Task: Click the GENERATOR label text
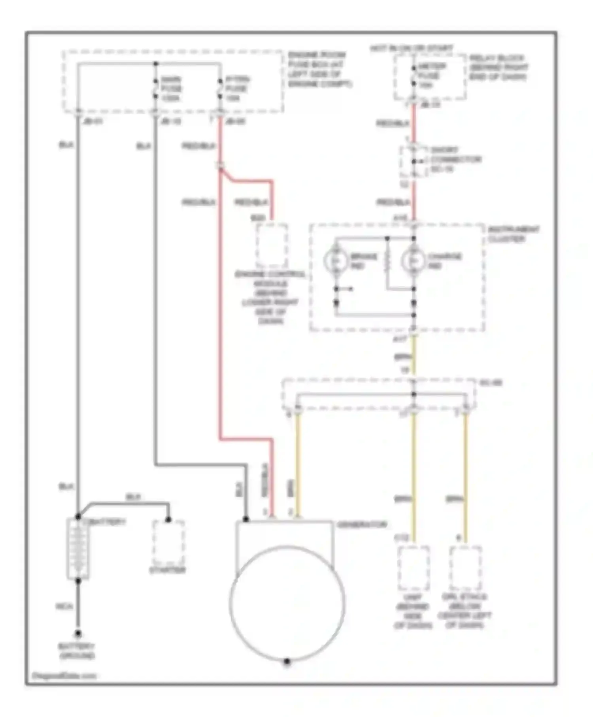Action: pyautogui.click(x=362, y=525)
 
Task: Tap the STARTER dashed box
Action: pyautogui.click(x=168, y=543)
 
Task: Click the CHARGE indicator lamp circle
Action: pyautogui.click(x=413, y=260)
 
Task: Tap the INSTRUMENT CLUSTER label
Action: pyautogui.click(x=513, y=234)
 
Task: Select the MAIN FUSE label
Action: pyautogui.click(x=171, y=89)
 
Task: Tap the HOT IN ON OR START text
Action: pyautogui.click(x=411, y=48)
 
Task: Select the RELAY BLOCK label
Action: pyautogui.click(x=498, y=67)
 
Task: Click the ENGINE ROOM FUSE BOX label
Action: pyautogui.click(x=319, y=69)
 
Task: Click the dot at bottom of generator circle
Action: pyautogui.click(x=287, y=661)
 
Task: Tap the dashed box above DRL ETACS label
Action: pyautogui.click(x=465, y=568)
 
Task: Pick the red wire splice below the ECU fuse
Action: pyautogui.click(x=221, y=165)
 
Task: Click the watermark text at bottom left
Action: pyautogui.click(x=64, y=675)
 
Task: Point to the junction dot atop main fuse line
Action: pyautogui.click(x=156, y=64)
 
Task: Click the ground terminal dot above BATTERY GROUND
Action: pyautogui.click(x=78, y=634)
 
